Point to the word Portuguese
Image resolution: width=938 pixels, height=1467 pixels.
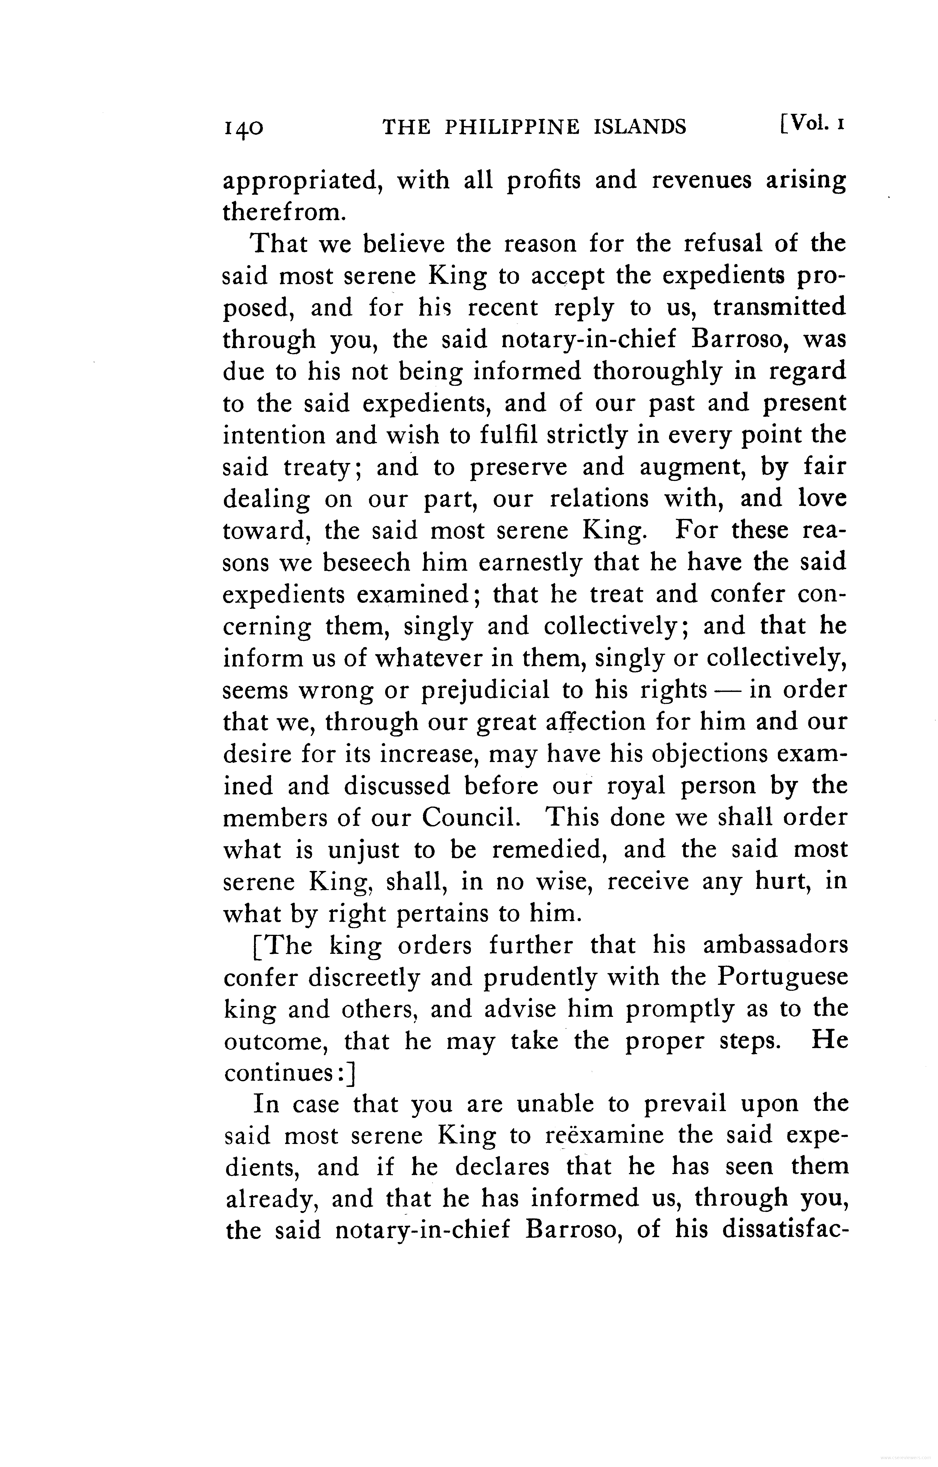[782, 977]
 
